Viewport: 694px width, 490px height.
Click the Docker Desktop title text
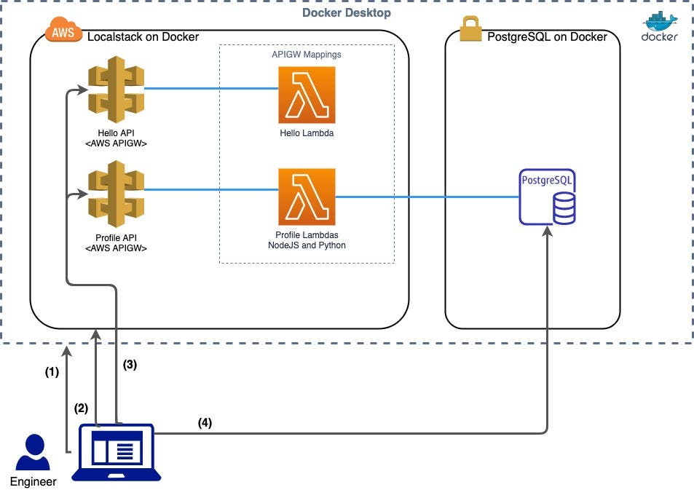(x=347, y=13)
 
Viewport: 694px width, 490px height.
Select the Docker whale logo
(x=659, y=28)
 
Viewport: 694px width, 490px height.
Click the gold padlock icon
(x=471, y=29)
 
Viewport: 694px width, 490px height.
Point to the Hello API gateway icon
(x=116, y=89)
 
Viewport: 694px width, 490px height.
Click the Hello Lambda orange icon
(x=307, y=95)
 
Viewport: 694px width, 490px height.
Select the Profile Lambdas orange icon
(x=307, y=197)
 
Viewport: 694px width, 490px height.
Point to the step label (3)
(x=129, y=365)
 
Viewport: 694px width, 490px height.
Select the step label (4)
(x=205, y=422)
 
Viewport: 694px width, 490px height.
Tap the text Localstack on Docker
(x=143, y=36)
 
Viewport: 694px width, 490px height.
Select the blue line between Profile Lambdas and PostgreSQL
(x=426, y=197)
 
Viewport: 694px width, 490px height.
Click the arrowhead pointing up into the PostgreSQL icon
(x=548, y=232)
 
